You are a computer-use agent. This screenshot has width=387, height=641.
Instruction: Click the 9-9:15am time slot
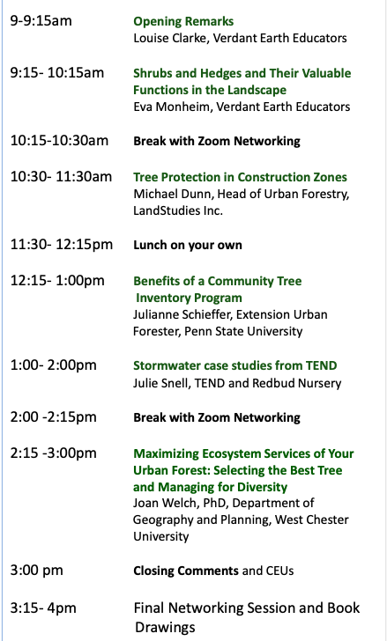pyautogui.click(x=41, y=20)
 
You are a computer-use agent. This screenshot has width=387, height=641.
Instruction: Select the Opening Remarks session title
pyautogui.click(x=183, y=21)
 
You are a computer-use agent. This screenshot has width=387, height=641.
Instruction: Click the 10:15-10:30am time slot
pyautogui.click(x=59, y=141)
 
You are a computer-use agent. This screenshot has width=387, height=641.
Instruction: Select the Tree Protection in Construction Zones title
pyautogui.click(x=240, y=177)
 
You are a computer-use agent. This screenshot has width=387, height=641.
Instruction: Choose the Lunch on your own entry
pyautogui.click(x=188, y=245)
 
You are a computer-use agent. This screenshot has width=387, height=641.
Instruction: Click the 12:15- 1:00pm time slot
pyautogui.click(x=57, y=280)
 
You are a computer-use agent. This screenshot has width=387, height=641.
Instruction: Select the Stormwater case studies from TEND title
pyautogui.click(x=235, y=365)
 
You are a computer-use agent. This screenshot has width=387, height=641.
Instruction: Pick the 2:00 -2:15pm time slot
pyautogui.click(x=53, y=416)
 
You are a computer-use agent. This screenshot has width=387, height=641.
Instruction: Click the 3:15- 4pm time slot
pyautogui.click(x=43, y=607)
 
